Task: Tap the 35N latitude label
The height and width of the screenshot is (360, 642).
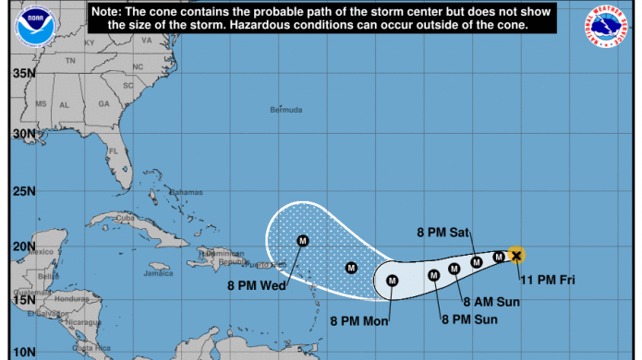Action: tap(24, 73)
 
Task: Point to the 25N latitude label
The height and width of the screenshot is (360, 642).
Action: tap(24, 193)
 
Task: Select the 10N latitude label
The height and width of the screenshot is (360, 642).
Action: tap(24, 352)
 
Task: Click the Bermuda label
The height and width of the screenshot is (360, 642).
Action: tap(285, 110)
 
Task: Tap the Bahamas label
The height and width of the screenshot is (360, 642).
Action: tap(187, 191)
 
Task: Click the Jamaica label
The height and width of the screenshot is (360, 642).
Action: tap(158, 273)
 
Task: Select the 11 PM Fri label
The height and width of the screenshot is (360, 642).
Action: tap(547, 279)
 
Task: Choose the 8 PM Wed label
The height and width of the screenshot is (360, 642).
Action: tap(256, 284)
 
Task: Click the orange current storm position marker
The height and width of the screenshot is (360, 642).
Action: tap(516, 255)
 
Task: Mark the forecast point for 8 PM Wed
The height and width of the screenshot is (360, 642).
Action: tap(302, 241)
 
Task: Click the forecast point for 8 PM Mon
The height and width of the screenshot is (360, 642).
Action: tap(392, 281)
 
